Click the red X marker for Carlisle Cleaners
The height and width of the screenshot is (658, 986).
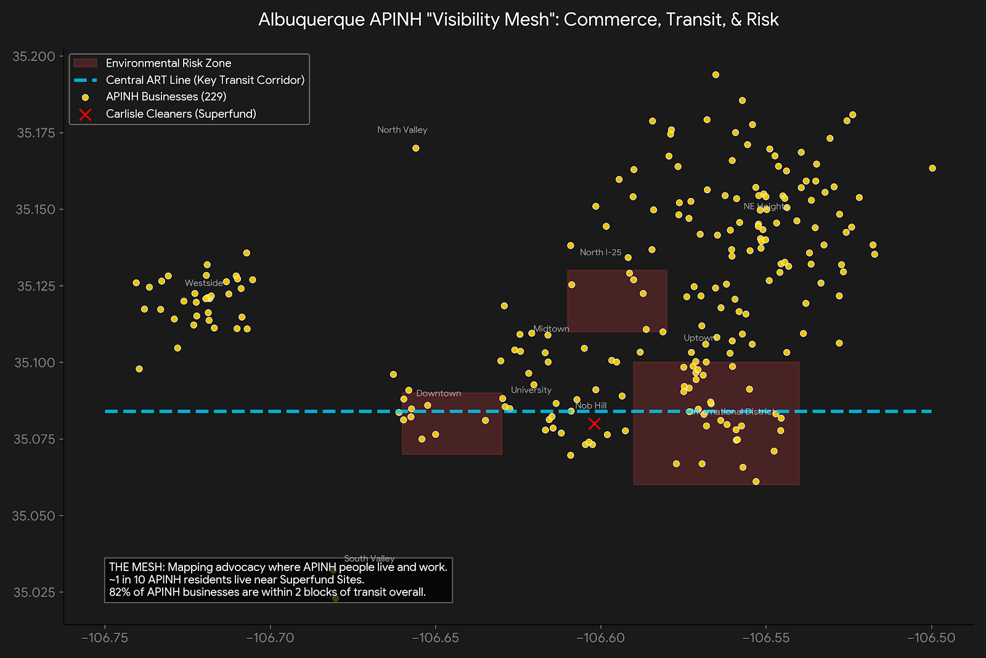pyautogui.click(x=594, y=424)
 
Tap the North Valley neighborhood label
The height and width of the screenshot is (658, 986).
pyautogui.click(x=402, y=130)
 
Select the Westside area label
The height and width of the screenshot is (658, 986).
pyautogui.click(x=203, y=283)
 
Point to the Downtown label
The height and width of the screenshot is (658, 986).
pyautogui.click(x=438, y=393)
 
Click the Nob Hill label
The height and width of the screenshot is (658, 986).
pyautogui.click(x=591, y=406)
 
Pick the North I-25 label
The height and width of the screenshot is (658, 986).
pyautogui.click(x=600, y=252)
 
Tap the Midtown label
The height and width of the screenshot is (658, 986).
pyautogui.click(x=551, y=329)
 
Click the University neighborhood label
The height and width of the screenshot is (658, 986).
pyautogui.click(x=531, y=390)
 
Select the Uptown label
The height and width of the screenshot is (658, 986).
pyautogui.click(x=698, y=338)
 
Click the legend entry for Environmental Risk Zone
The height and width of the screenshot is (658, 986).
pyautogui.click(x=168, y=63)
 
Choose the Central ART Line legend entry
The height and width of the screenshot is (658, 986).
pyautogui.click(x=205, y=80)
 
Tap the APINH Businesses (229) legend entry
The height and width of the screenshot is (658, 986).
pyautogui.click(x=166, y=97)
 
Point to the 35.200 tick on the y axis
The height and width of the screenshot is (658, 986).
pyautogui.click(x=34, y=57)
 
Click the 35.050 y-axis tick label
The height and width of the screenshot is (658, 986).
pyautogui.click(x=34, y=516)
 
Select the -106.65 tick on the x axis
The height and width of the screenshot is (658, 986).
pyautogui.click(x=436, y=638)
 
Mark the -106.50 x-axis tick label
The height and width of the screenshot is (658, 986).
pyautogui.click(x=931, y=638)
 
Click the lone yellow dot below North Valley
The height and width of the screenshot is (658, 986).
pyautogui.click(x=416, y=148)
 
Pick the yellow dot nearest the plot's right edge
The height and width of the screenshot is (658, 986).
pyautogui.click(x=932, y=168)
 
